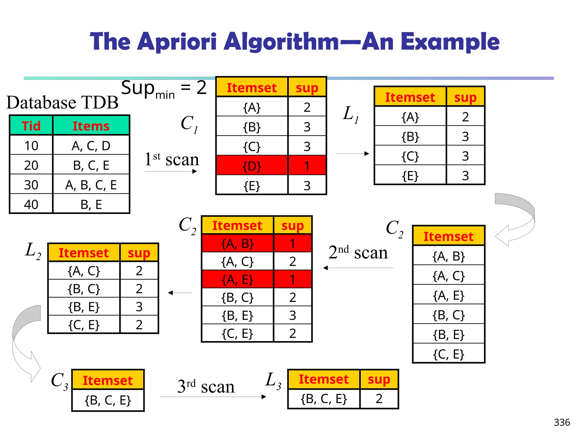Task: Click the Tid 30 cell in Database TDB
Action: [x=31, y=185]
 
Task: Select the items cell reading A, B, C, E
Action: [x=91, y=185]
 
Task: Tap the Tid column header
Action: [x=31, y=126]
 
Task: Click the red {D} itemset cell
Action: [x=252, y=166]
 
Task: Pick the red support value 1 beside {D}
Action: [x=307, y=166]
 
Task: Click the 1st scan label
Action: [x=172, y=159]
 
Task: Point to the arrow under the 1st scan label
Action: [x=171, y=171]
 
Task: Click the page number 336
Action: [x=562, y=422]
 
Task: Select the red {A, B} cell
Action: [x=237, y=244]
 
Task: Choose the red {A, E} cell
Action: [x=237, y=280]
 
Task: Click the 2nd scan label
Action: [x=358, y=252]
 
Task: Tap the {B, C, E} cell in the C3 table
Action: [x=108, y=400]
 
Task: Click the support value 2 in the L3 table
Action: [x=379, y=399]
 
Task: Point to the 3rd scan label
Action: [x=206, y=386]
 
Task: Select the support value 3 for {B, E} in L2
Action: [x=139, y=307]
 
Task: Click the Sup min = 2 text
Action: [x=164, y=88]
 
